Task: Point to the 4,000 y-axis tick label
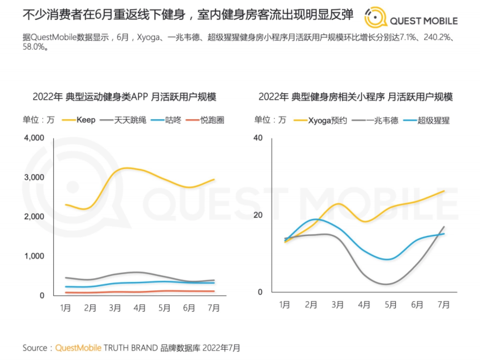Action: click(x=34, y=138)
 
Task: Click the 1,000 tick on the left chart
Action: click(x=35, y=256)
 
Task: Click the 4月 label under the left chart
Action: click(x=139, y=308)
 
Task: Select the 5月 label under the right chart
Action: click(x=390, y=305)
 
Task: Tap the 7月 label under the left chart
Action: click(x=214, y=308)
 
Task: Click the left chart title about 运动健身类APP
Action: click(x=124, y=97)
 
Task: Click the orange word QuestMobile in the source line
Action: click(x=78, y=348)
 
